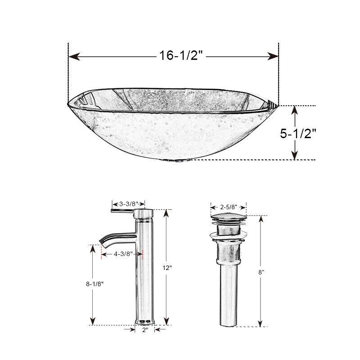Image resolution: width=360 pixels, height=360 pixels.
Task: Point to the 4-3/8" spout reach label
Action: coord(122,253)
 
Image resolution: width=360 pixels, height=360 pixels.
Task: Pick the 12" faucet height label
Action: coord(167,267)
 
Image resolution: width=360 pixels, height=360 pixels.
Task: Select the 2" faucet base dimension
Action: coord(145,330)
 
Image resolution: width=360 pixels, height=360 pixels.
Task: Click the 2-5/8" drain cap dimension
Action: coord(229,207)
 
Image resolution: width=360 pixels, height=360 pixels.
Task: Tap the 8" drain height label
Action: coord(261,272)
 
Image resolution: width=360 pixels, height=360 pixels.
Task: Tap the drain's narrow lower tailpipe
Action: coord(229,297)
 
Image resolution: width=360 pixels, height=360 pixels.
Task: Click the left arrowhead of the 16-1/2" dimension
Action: coord(72,56)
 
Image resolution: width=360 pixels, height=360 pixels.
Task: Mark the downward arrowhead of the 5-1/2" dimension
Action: coord(295,156)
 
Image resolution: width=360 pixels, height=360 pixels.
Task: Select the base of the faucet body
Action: coord(145,320)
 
